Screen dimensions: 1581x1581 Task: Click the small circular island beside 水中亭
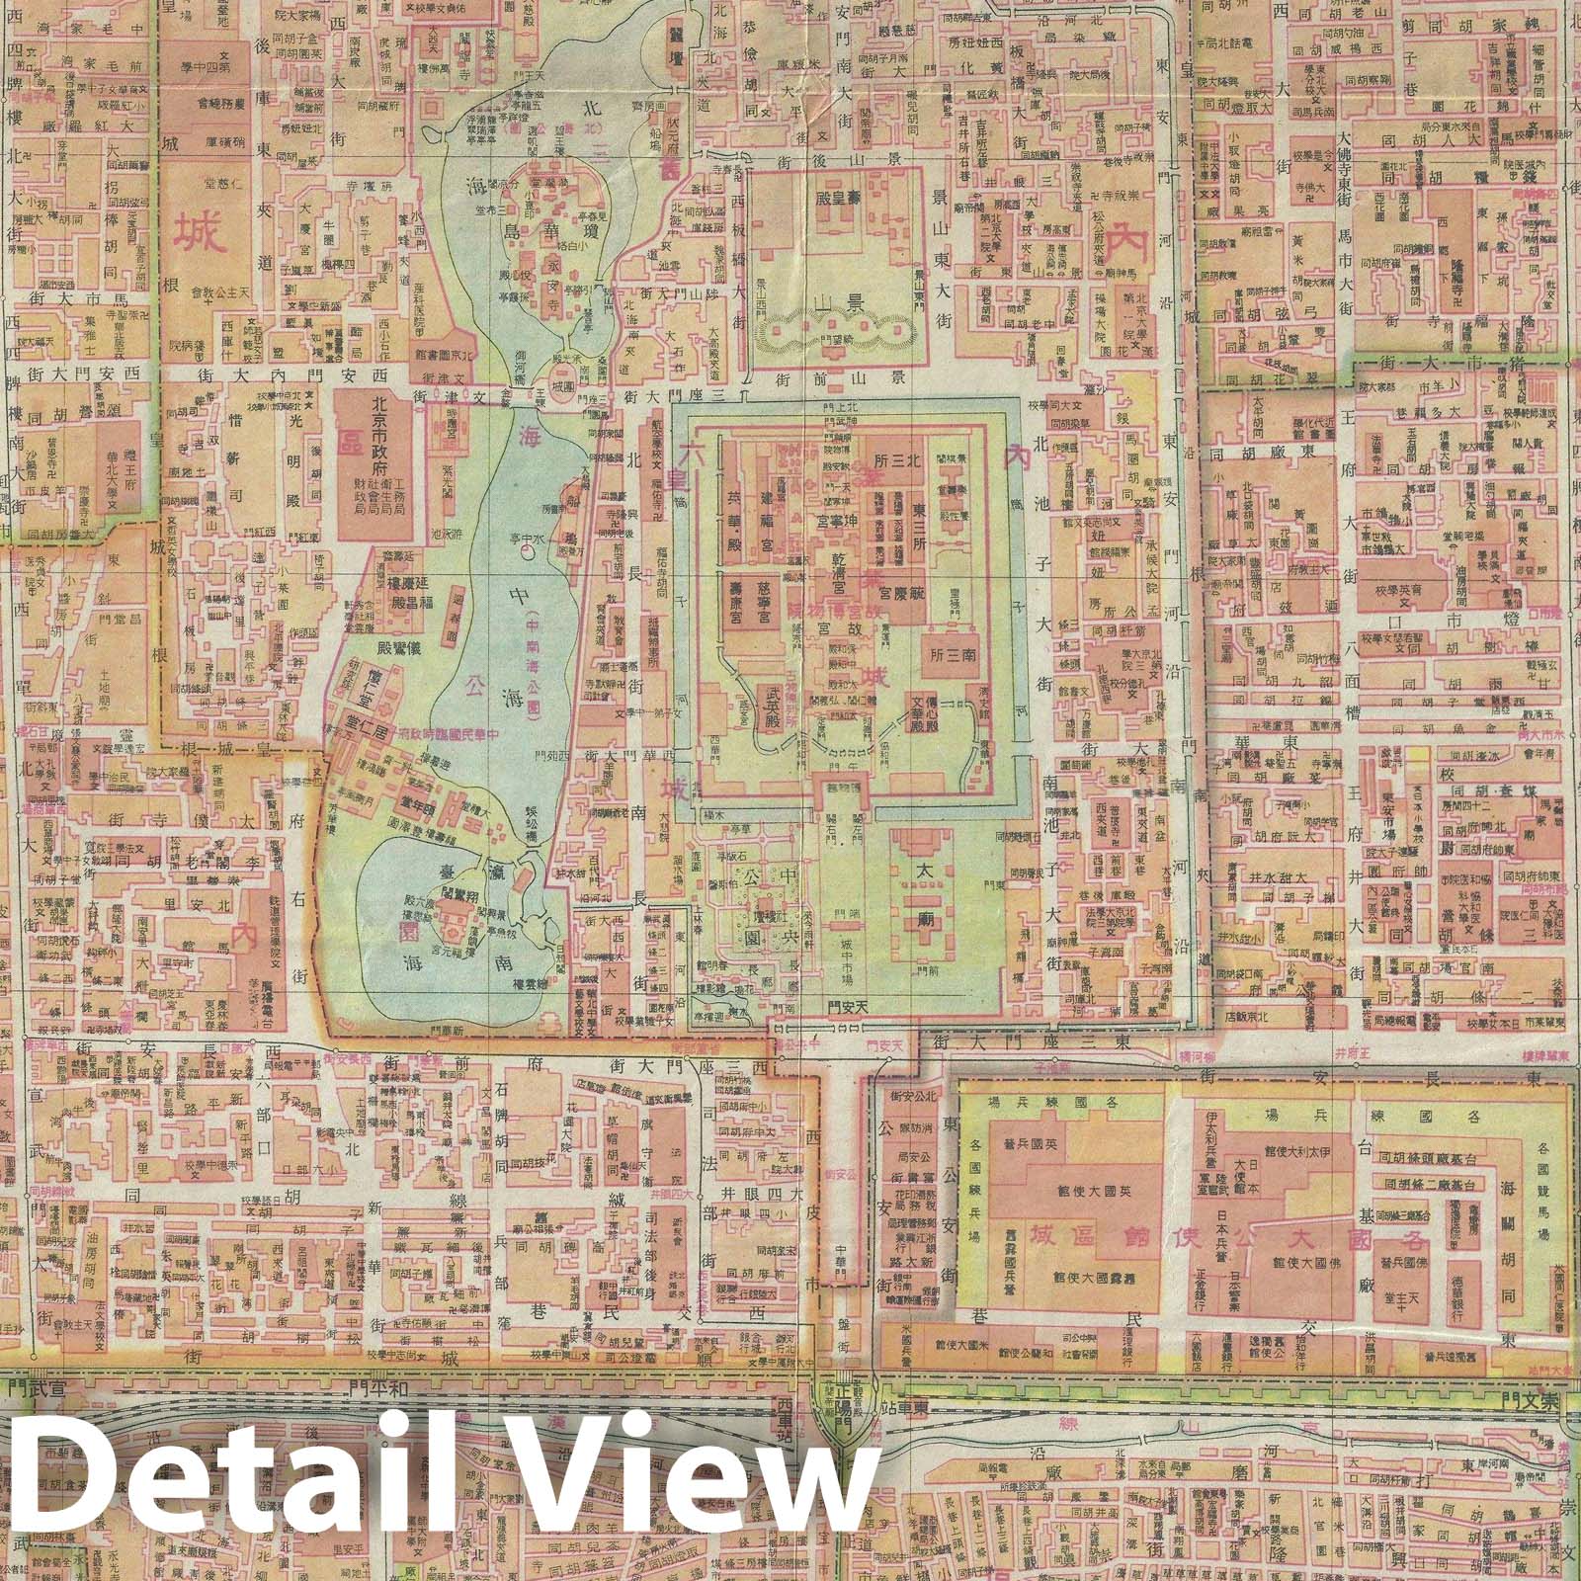[526, 553]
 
